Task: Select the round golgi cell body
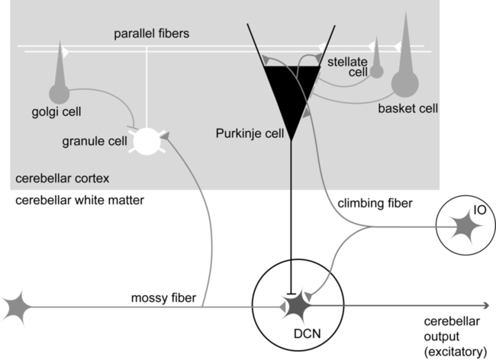coord(59,93)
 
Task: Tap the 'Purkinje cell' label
coord(246,135)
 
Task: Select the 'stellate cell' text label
coord(347,66)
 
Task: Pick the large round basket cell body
coord(406,82)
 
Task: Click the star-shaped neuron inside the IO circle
coord(463,226)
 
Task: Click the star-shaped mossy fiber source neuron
coord(18,307)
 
